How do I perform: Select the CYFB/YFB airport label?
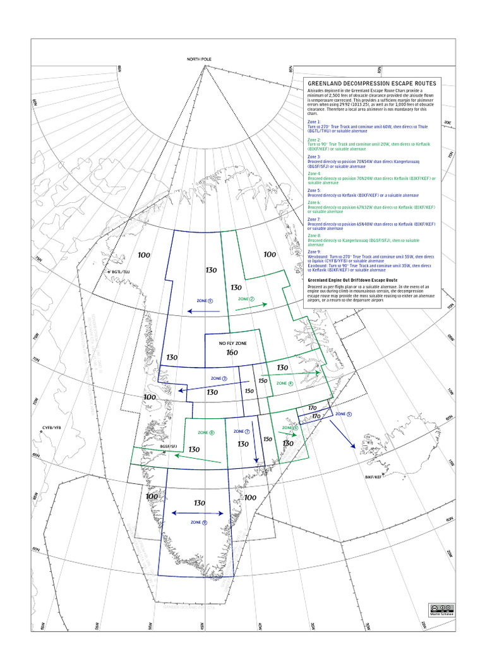pos(55,428)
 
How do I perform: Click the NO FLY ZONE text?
pos(232,343)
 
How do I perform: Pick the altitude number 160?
pos(232,353)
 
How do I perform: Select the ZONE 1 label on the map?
pos(205,301)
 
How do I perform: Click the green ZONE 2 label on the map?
pos(246,299)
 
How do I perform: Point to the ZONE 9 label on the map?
pos(198,523)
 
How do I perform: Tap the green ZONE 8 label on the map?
pos(206,433)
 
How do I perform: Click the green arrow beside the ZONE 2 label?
pos(250,307)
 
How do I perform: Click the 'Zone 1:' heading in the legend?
pos(314,121)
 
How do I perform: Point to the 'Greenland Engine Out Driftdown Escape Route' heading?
pos(352,279)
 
